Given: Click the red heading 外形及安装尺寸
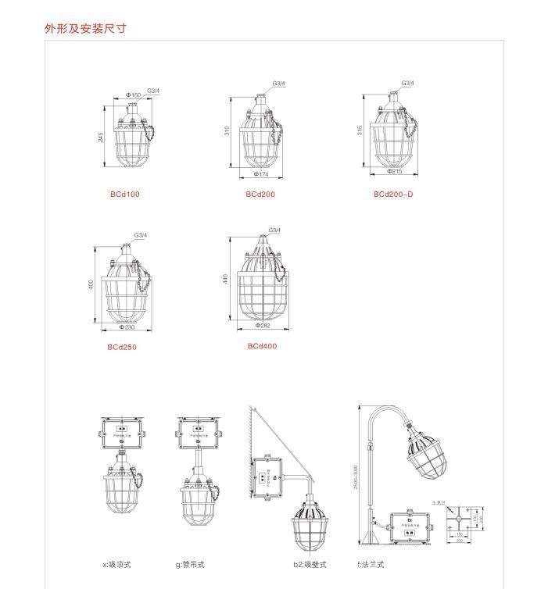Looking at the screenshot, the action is tap(85, 29).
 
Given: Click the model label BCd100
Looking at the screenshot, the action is tap(125, 195).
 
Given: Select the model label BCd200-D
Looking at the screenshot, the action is tap(393, 195).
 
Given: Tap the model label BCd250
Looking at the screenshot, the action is tap(122, 348).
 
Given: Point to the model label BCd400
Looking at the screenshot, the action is tap(263, 346).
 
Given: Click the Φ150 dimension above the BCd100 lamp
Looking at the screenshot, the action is tap(134, 95).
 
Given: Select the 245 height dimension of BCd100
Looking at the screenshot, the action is tap(101, 137).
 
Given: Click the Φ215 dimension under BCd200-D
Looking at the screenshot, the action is tap(394, 171).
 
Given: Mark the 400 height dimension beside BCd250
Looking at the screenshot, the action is tap(91, 284).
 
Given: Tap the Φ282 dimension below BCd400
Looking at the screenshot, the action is tap(263, 325).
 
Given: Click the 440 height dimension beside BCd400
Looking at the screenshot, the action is tap(225, 278).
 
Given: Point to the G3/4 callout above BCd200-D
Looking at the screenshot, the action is tap(408, 83).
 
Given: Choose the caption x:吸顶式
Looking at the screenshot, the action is tap(117, 565).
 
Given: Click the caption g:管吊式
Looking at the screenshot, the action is tap(190, 565).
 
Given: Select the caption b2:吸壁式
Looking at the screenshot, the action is tap(310, 565).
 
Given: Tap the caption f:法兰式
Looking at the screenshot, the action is tap(371, 565).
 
